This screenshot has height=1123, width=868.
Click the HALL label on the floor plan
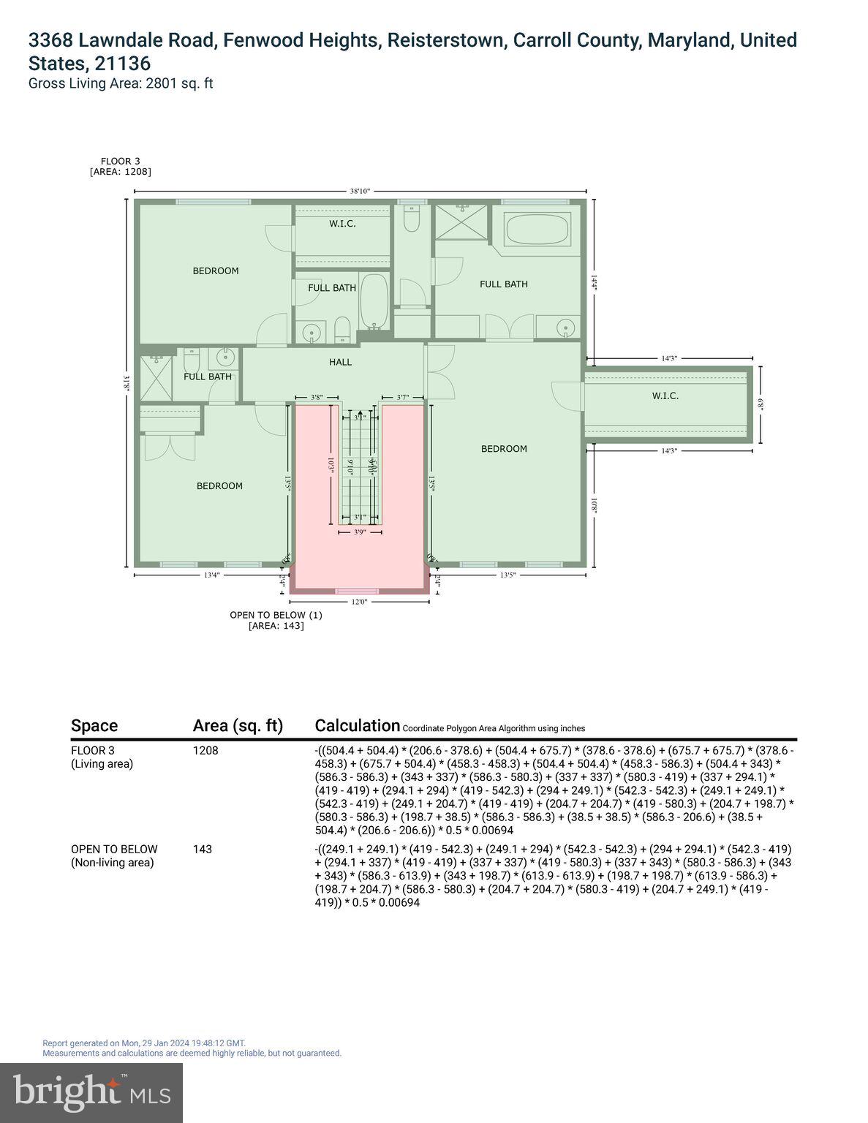point(340,362)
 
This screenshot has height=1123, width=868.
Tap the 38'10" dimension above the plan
point(360,191)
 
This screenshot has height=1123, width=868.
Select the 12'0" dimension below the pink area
point(358,602)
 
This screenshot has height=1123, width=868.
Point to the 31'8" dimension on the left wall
point(127,383)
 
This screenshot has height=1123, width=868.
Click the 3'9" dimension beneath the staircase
point(360,533)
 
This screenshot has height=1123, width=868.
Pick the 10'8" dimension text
point(595,505)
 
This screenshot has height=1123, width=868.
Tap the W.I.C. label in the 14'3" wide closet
point(665,396)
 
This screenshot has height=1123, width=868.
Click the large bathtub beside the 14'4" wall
point(537,229)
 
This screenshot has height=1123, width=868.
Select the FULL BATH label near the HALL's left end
point(208,377)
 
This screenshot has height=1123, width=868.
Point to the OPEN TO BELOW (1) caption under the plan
point(276,615)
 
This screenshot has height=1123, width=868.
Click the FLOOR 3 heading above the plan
point(121,161)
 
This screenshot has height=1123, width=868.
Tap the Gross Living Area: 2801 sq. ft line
point(121,83)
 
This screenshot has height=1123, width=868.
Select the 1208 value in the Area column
point(205,750)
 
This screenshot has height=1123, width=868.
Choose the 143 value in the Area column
point(203,849)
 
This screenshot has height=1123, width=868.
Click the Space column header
point(94,725)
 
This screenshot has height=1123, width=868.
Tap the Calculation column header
point(358,725)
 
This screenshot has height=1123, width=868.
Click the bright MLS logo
point(91,1092)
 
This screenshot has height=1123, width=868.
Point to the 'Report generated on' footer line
point(144,1043)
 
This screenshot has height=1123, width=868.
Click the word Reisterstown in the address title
point(446,40)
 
